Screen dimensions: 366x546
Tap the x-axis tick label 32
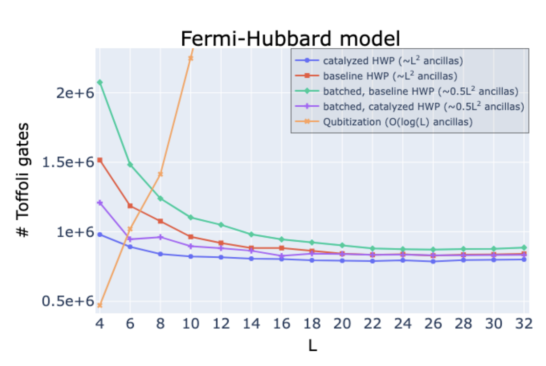pyautogui.click(x=524, y=324)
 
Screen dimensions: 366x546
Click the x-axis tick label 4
pyautogui.click(x=99, y=324)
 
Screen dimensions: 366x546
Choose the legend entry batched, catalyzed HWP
pyautogui.click(x=423, y=106)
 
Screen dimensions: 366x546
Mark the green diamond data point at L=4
pyautogui.click(x=99, y=82)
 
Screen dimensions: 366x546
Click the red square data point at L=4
pyautogui.click(x=99, y=160)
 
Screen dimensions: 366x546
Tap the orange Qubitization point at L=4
pyautogui.click(x=99, y=305)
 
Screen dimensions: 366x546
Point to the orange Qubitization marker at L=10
pyautogui.click(x=190, y=58)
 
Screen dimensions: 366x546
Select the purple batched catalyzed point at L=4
pyautogui.click(x=99, y=203)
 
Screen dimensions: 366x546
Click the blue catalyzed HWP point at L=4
pyautogui.click(x=99, y=234)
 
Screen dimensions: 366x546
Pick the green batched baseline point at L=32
pyautogui.click(x=524, y=247)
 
